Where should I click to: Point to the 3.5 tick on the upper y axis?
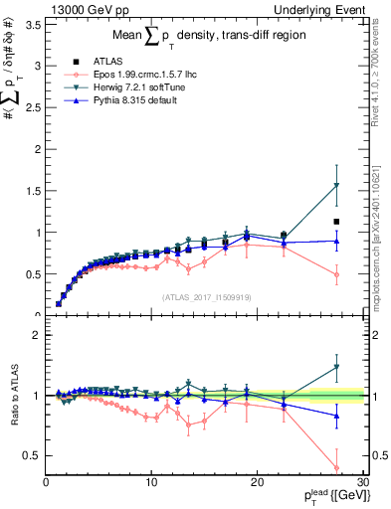point(35,24)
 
